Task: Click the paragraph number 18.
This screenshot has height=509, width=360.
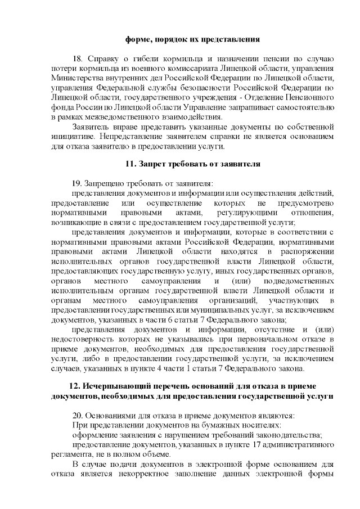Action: (78, 59)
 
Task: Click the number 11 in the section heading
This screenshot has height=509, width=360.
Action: (128, 164)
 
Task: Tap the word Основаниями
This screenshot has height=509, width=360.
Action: (111, 416)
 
